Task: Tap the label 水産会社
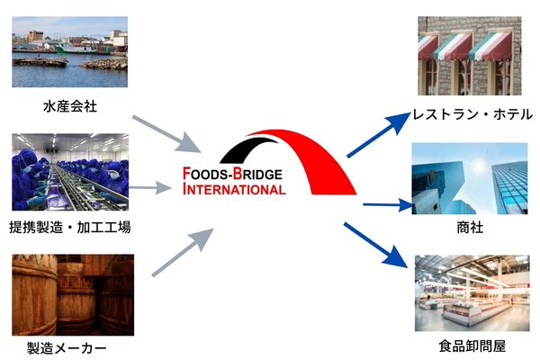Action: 69,106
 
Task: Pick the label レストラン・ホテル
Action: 472,114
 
